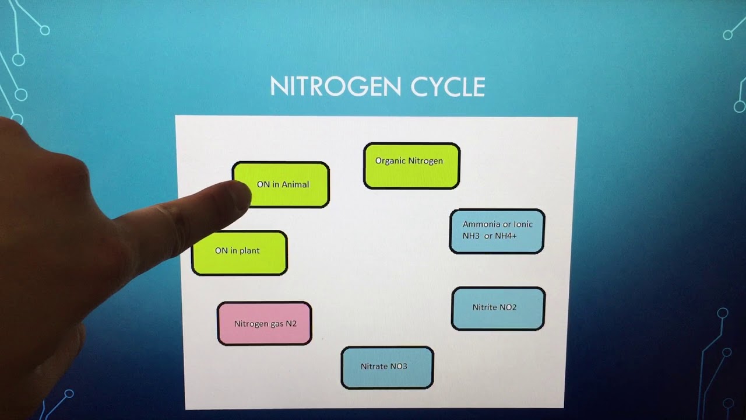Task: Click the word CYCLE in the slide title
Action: (x=448, y=87)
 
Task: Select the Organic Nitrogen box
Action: (x=411, y=166)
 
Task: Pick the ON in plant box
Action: (x=240, y=253)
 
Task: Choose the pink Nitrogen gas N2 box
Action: (x=265, y=323)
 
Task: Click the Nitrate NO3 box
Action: (x=387, y=367)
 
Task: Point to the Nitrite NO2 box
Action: (x=498, y=308)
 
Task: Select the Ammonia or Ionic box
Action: (x=497, y=231)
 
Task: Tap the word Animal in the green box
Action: (x=295, y=184)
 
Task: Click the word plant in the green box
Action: (x=248, y=251)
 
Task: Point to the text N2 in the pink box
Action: (x=291, y=323)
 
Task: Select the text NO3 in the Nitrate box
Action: (x=399, y=366)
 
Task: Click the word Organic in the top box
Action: (x=390, y=161)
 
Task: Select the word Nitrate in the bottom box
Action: (x=374, y=366)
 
